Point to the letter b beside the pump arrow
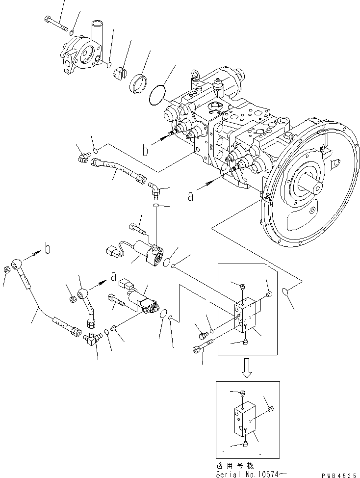(x=145, y=150)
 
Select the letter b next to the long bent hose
(x=47, y=248)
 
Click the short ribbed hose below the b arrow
(x=117, y=170)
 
